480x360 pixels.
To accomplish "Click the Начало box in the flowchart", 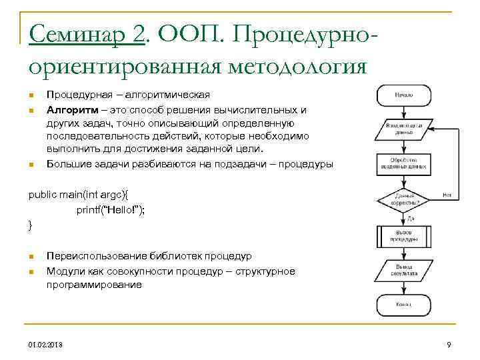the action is tap(403, 95).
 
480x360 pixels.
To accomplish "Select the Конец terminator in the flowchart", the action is tap(403, 305).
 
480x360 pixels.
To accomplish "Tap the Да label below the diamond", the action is tap(411, 218).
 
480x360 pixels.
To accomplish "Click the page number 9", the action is tap(449, 344).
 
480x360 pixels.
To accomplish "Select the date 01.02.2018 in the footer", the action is tap(47, 344).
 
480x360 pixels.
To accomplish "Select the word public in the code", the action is tap(41, 194).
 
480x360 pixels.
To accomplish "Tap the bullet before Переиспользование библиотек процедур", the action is tap(31, 257).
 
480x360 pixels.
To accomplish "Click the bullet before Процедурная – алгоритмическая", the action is tap(31, 95).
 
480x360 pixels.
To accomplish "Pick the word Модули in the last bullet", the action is tap(65, 271).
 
